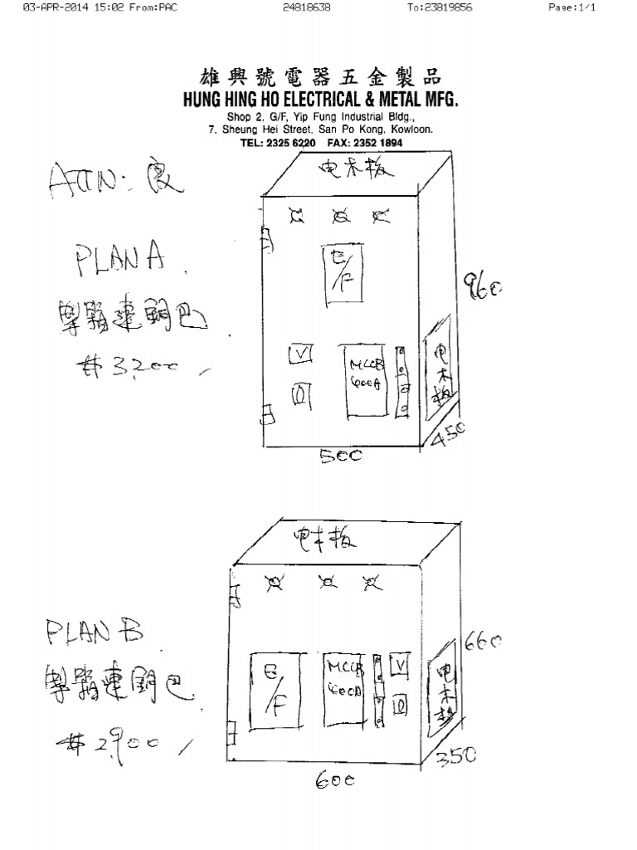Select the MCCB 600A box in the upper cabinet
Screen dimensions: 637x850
pyautogui.click(x=364, y=383)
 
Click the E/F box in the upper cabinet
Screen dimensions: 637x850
pyautogui.click(x=338, y=269)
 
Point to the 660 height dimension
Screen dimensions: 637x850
pyautogui.click(x=483, y=642)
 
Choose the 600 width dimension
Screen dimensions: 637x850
pyautogui.click(x=334, y=781)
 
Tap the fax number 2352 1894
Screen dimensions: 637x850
pyautogui.click(x=366, y=143)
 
